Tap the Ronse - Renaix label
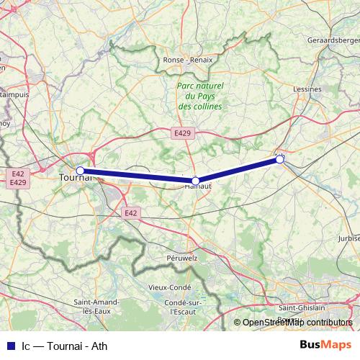pyautogui.click(x=189, y=60)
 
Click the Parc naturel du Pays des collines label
pyautogui.click(x=200, y=96)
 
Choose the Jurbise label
pyautogui.click(x=348, y=237)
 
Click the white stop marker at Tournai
pyautogui.click(x=81, y=171)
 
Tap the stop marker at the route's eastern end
pyautogui.click(x=279, y=160)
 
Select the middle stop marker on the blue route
pyautogui.click(x=196, y=181)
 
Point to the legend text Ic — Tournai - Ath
pyautogui.click(x=64, y=346)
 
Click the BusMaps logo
pyautogui.click(x=325, y=345)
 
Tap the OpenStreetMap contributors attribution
pyautogui.click(x=297, y=323)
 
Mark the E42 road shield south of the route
pyautogui.click(x=130, y=213)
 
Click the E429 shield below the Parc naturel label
pyautogui.click(x=182, y=133)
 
